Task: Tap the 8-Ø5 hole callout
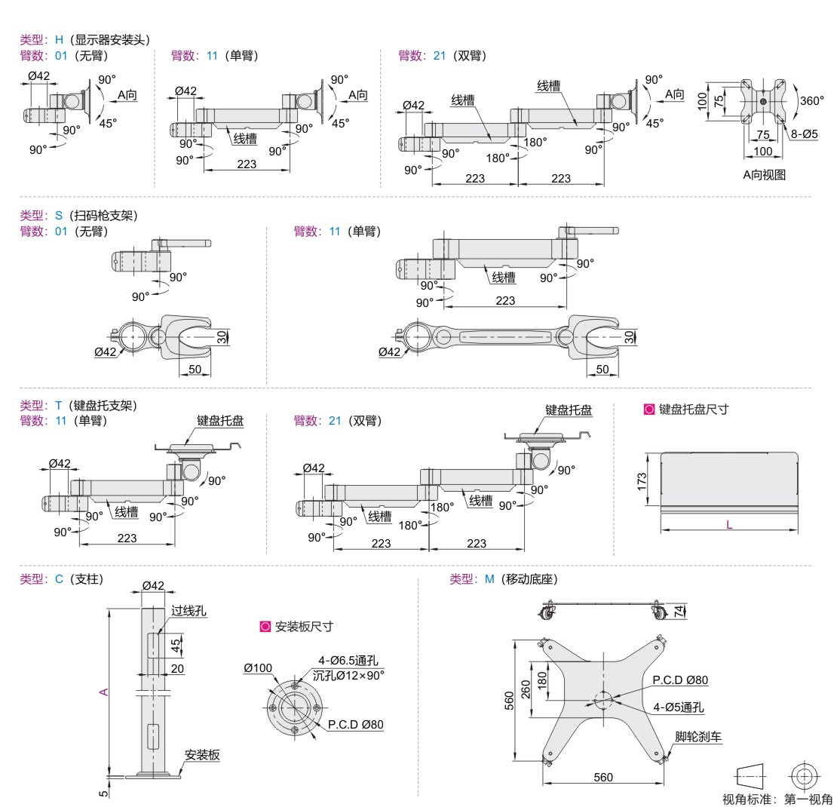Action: point(805,133)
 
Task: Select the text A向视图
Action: point(764,175)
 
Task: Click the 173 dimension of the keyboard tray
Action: point(642,480)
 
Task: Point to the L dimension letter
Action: point(729,524)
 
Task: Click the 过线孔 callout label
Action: point(189,611)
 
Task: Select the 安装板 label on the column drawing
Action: point(202,754)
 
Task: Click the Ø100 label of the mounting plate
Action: point(259,667)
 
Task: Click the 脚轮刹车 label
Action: point(698,736)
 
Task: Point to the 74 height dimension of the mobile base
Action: point(679,612)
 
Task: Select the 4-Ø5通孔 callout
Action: point(679,707)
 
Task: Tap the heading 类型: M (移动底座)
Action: point(504,579)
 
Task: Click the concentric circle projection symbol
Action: point(804,776)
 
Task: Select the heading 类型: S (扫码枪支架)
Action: point(78,216)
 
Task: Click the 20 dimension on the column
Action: point(177,668)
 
